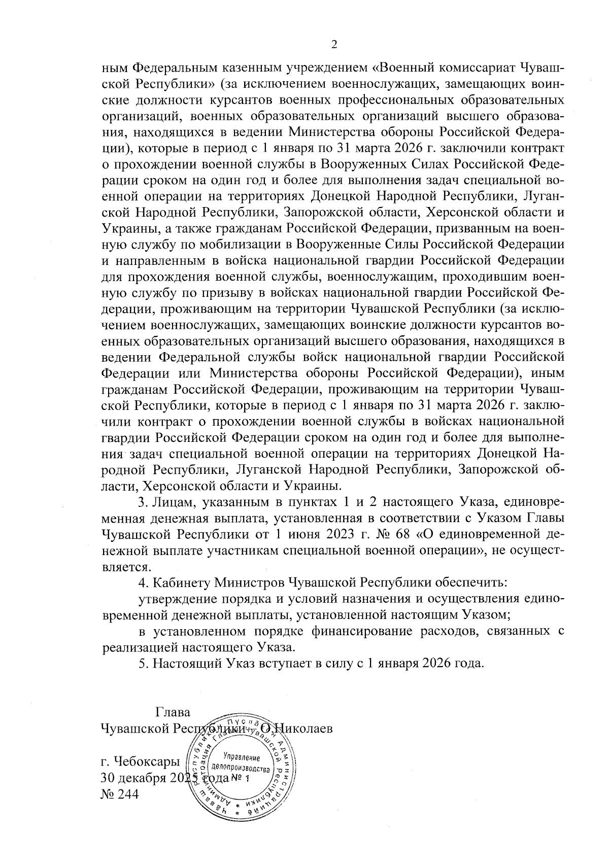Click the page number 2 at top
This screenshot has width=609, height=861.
pyautogui.click(x=334, y=45)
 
